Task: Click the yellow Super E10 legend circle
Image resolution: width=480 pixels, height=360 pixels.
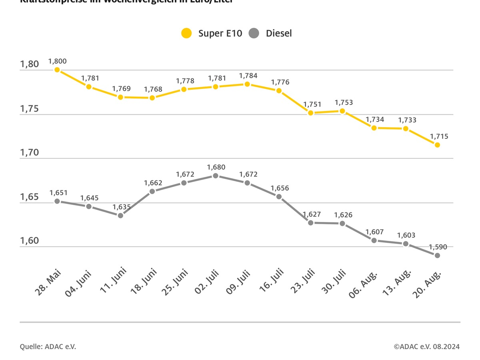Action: [186, 33]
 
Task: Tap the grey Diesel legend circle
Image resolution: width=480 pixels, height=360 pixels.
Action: [254, 33]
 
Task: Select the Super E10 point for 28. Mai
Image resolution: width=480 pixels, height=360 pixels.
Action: [57, 70]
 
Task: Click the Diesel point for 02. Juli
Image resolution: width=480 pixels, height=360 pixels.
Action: [216, 176]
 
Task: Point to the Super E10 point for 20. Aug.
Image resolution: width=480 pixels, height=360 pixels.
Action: [437, 145]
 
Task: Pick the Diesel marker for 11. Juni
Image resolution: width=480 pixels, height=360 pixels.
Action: [120, 216]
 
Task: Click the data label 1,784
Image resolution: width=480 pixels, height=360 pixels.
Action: [248, 76]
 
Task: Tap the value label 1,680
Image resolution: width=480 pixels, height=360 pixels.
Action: [216, 167]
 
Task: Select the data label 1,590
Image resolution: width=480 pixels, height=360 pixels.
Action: [438, 247]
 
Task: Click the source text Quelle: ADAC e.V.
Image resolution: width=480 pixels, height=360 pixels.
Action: [48, 346]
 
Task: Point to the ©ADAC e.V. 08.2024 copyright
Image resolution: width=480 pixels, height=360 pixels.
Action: [426, 346]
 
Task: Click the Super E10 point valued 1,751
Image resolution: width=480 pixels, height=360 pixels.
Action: [310, 113]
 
